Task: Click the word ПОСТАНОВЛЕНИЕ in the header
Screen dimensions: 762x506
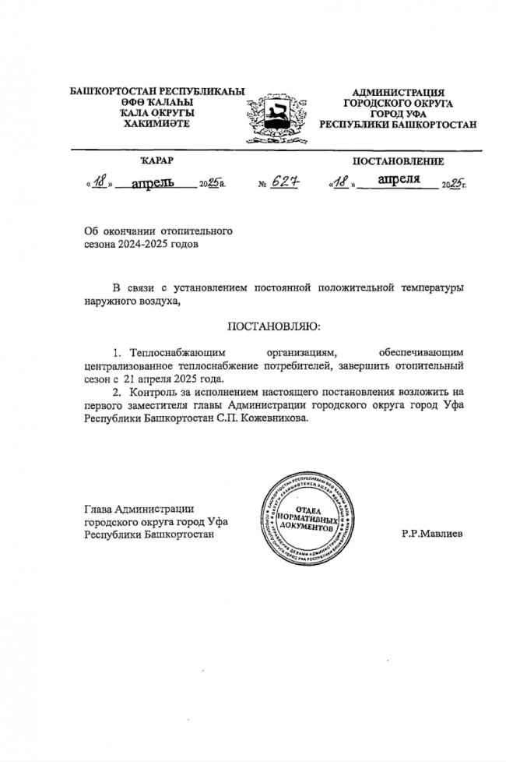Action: pos(399,161)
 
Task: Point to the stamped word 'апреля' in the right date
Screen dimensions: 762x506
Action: pos(399,181)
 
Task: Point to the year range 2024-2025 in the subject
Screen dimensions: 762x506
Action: pos(148,244)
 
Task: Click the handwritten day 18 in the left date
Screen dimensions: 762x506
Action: pos(100,184)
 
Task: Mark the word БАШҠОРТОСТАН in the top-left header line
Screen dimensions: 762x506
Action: pos(112,92)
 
